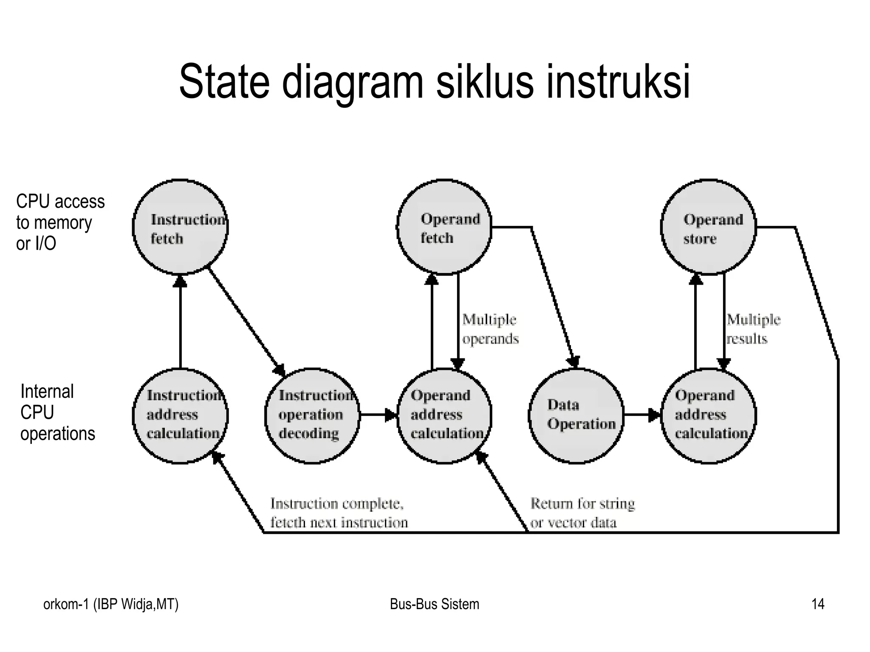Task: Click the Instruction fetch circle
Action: click(181, 228)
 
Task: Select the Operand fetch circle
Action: click(444, 228)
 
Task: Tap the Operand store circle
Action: click(709, 228)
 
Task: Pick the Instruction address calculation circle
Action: click(181, 415)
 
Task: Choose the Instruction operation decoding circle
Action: click(312, 415)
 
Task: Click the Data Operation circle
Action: click(576, 415)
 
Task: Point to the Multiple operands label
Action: click(490, 329)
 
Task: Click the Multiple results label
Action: click(753, 329)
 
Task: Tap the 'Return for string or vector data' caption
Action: click(582, 513)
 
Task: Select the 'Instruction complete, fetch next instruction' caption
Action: click(339, 513)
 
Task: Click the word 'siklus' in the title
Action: click(484, 82)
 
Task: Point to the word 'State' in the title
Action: click(224, 82)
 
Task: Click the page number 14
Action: click(818, 604)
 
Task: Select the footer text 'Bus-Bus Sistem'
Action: click(434, 604)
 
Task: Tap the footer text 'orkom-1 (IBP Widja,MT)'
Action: click(111, 604)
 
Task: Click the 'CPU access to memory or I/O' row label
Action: click(60, 222)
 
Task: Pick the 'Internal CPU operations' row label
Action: click(57, 412)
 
